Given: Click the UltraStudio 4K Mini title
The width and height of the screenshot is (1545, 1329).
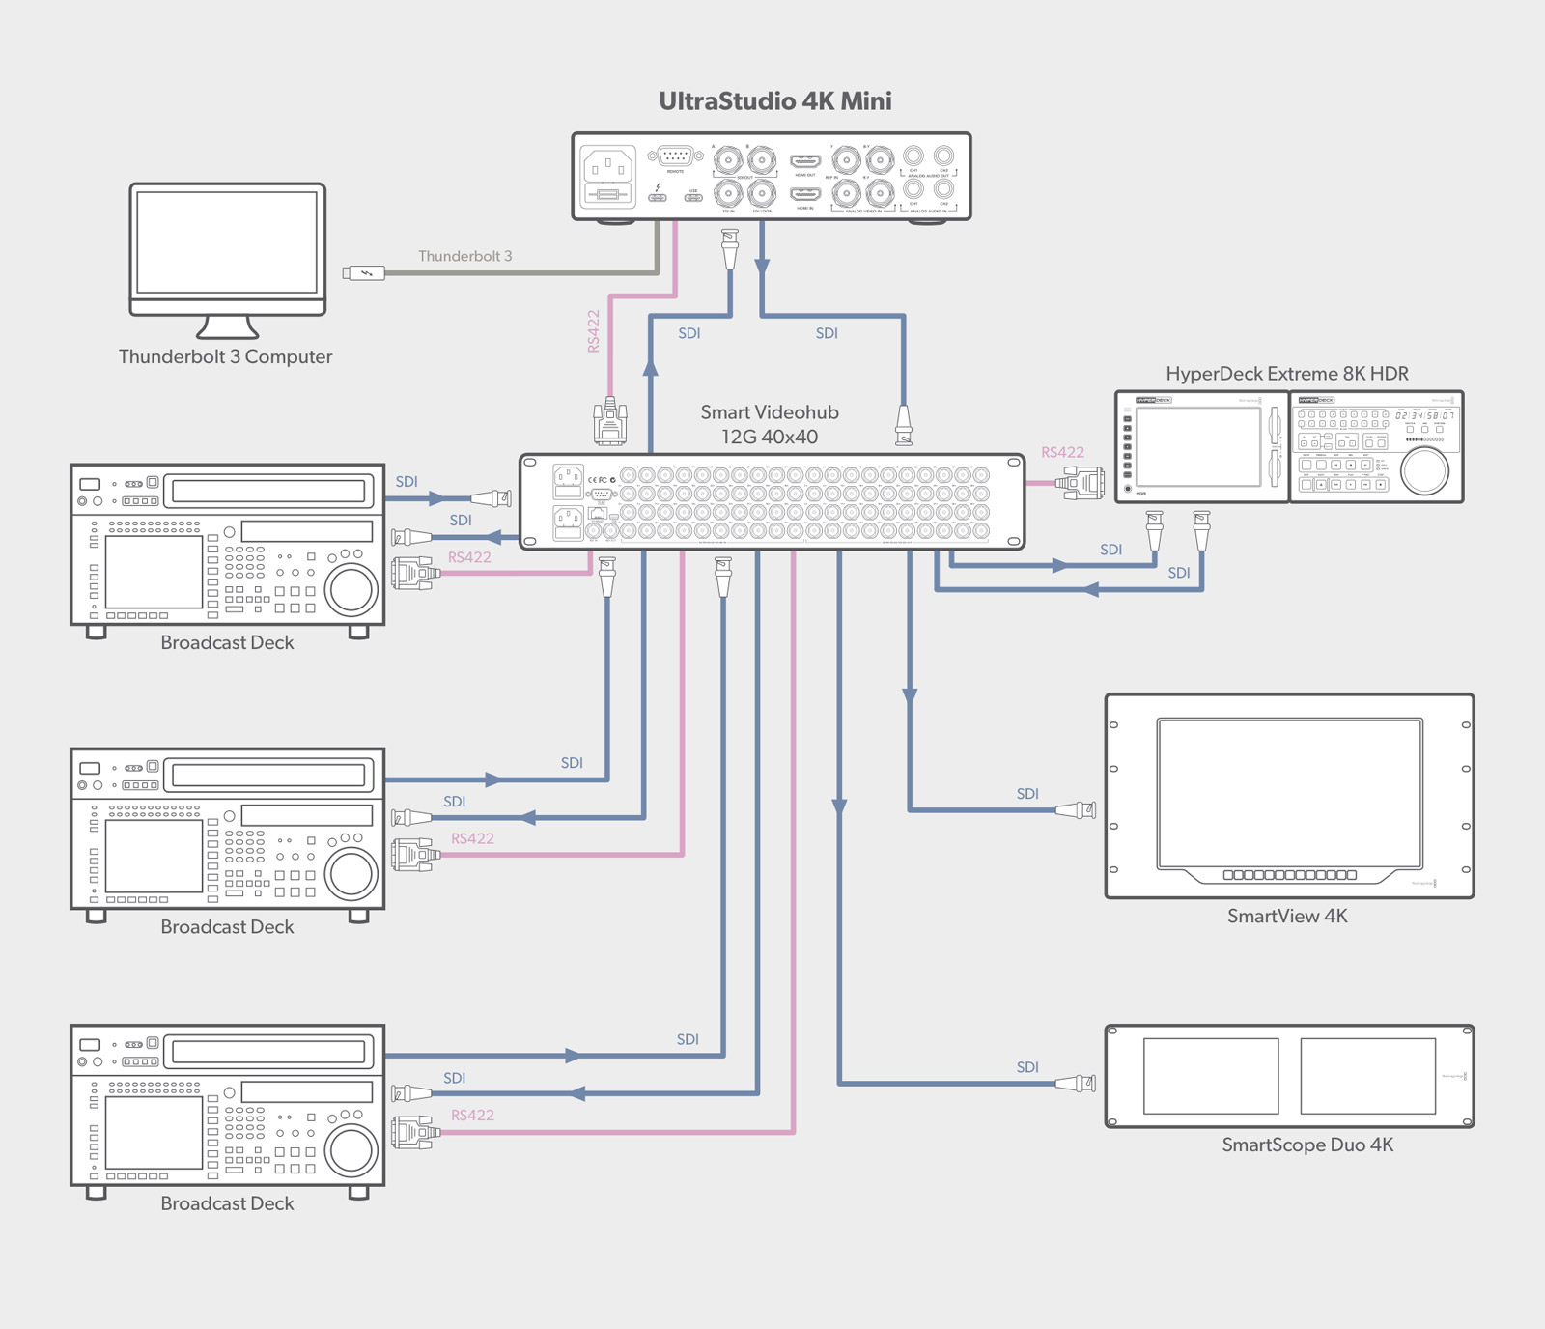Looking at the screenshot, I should tap(774, 101).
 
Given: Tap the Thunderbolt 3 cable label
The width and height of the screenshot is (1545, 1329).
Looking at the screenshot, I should tap(464, 256).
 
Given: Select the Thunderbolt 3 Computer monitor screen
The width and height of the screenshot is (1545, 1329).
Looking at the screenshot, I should tap(227, 241).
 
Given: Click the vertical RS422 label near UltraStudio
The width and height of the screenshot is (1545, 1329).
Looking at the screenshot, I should tap(593, 330).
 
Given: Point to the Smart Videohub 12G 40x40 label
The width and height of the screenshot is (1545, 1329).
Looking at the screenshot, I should tap(770, 424).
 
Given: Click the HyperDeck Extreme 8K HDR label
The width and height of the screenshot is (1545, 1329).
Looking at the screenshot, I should tap(1286, 374).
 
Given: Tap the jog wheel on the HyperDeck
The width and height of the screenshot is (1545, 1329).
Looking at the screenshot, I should tap(1424, 470).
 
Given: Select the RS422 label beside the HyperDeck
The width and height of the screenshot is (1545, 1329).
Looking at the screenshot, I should tap(1062, 452).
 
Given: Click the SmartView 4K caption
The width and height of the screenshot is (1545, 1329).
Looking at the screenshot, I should tap(1286, 916).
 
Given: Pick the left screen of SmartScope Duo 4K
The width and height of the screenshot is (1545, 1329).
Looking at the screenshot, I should tap(1210, 1075).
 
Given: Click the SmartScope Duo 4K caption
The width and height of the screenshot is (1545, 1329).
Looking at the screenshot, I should tap(1306, 1145).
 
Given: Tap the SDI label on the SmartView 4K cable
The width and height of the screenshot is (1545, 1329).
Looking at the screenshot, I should tap(1027, 794).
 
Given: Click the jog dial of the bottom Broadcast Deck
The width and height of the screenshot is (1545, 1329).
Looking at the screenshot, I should tap(351, 1149).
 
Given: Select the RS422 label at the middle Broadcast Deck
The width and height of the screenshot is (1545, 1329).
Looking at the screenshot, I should tap(472, 838).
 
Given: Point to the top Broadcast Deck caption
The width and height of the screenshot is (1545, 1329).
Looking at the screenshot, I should tap(227, 642).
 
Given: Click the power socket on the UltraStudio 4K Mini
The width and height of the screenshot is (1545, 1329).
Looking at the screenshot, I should tap(608, 166).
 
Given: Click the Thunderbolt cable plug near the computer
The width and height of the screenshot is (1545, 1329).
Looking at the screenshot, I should tap(364, 273).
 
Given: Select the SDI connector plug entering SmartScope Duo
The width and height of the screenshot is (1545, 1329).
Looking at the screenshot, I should tap(1077, 1085).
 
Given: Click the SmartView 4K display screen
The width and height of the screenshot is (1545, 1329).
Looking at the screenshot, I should tap(1289, 792).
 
